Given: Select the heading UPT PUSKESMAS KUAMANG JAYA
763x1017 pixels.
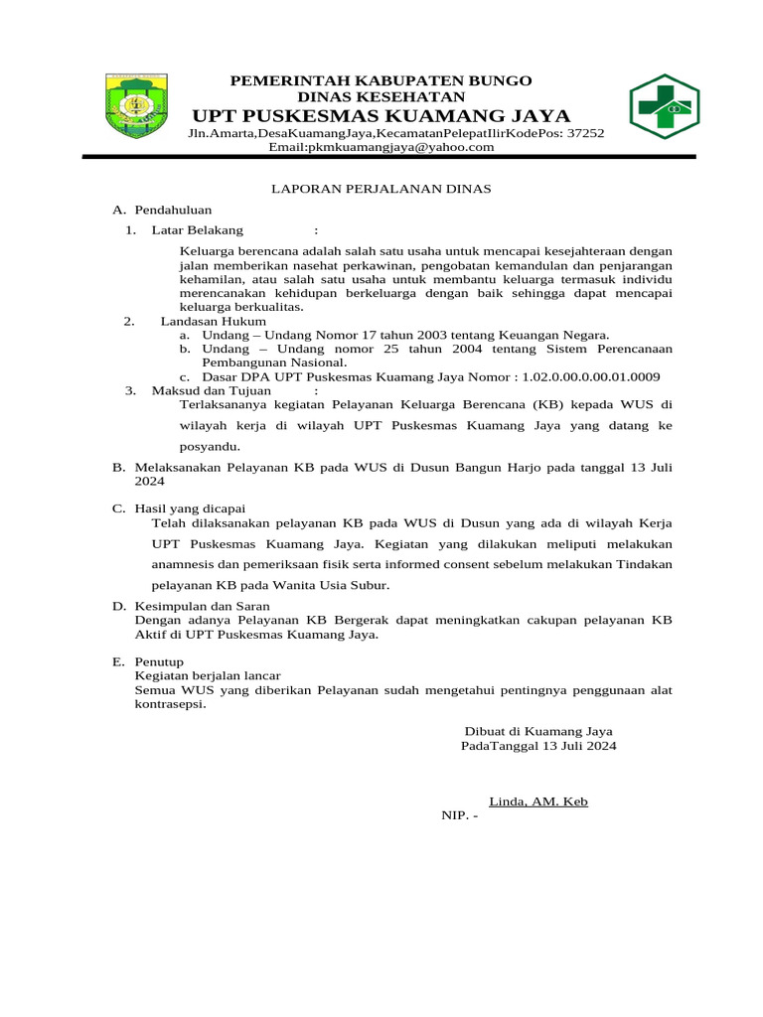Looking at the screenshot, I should coord(381,116).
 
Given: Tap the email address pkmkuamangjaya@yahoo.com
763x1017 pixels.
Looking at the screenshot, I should coord(381,147).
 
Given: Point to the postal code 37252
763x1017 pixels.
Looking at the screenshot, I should coord(585,133).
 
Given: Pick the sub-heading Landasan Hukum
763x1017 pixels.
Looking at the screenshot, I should coord(213,321).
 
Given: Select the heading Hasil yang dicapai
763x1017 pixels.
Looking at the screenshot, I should coord(190,508).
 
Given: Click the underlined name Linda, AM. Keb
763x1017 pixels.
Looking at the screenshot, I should coord(537,800).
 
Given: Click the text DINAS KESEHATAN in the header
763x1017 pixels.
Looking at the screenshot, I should coord(381,96).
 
